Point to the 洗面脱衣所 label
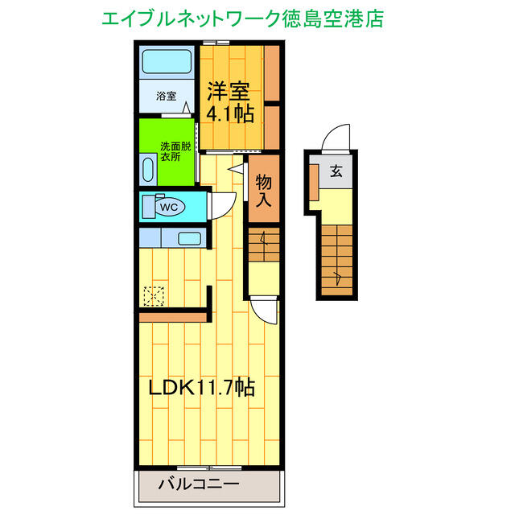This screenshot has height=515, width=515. (175, 152)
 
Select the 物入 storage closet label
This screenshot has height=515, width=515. (263, 192)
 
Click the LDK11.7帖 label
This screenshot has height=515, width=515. (201, 387)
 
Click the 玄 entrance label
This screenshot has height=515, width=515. (334, 171)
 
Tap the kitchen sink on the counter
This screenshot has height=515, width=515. (189, 238)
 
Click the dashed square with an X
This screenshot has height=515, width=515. (152, 298)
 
